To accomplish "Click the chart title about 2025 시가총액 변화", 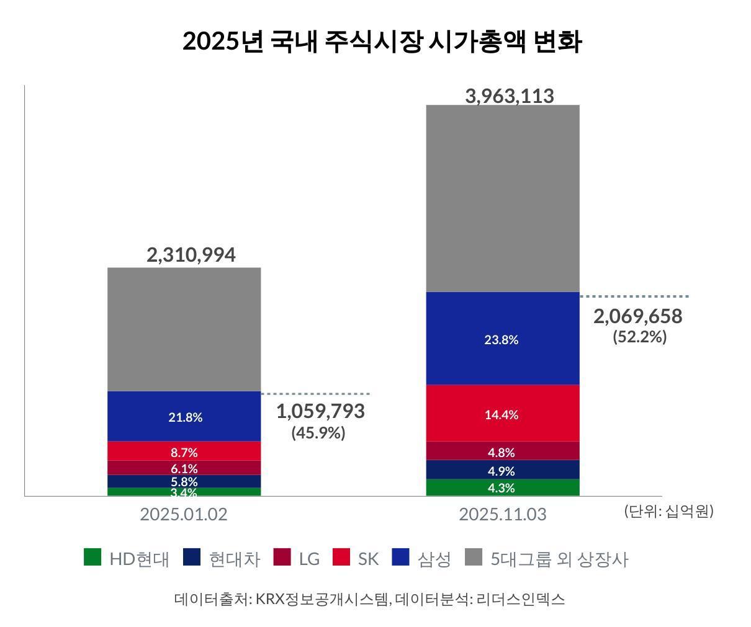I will click(382, 42).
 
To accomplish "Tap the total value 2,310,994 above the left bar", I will click(191, 255).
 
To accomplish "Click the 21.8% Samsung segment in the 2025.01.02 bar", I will click(185, 417).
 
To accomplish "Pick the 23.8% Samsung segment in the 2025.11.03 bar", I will click(501, 339).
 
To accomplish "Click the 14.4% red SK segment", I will click(501, 414).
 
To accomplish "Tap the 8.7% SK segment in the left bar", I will click(184, 451).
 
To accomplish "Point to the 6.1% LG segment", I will click(184, 468).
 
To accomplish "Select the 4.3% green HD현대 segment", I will click(501, 487).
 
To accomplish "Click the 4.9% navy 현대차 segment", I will click(501, 470).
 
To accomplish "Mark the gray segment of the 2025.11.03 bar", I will click(503, 198).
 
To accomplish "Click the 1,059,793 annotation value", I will click(320, 411).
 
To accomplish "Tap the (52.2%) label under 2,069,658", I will click(639, 337).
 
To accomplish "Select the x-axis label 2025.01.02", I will click(184, 514).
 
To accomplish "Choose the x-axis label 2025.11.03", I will click(502, 514).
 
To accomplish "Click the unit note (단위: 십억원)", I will click(668, 511).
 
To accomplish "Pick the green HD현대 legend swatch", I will click(92, 558).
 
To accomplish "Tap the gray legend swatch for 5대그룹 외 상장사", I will click(474, 558).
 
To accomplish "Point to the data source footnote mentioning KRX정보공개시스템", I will click(369, 599).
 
